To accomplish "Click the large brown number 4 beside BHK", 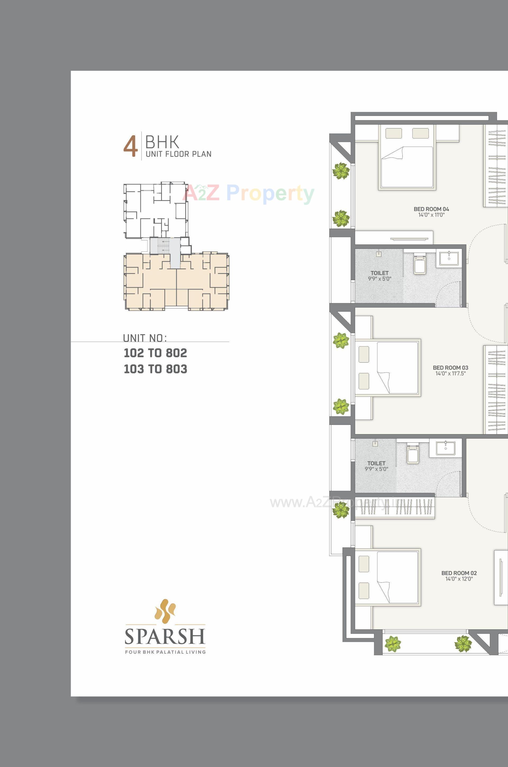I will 130,148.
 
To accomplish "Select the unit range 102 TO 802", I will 155,353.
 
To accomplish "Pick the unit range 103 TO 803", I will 155,369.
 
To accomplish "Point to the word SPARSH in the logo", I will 165,636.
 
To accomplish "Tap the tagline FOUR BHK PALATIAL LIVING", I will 165,652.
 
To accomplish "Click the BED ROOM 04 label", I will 431,209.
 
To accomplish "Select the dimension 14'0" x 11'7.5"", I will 450,373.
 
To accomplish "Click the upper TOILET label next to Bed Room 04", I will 379,273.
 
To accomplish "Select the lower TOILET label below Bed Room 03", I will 376,463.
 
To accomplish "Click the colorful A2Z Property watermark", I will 248,193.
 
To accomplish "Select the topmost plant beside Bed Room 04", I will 341,171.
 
